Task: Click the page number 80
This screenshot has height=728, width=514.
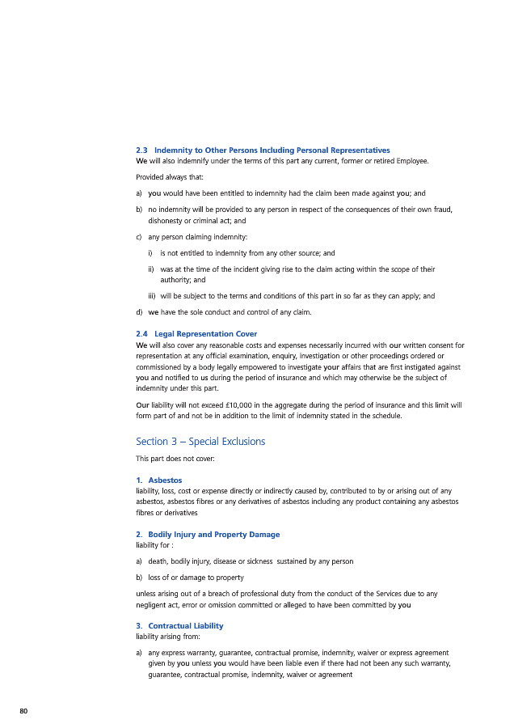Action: click(23, 710)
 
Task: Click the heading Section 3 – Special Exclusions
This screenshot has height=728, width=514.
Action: click(200, 442)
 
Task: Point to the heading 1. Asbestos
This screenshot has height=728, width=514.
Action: click(159, 480)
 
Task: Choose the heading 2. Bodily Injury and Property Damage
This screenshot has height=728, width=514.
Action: click(208, 535)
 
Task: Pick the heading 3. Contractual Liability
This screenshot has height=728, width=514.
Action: click(179, 626)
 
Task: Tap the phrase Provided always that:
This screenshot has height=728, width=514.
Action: click(170, 177)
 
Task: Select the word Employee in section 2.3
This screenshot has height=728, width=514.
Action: click(408, 161)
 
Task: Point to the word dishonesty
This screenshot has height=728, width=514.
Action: click(167, 220)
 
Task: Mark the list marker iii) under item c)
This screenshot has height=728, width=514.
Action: click(152, 296)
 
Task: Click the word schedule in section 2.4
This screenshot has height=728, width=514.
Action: click(382, 416)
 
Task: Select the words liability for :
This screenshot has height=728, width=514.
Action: click(156, 545)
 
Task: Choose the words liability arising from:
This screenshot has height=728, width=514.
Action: click(167, 637)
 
